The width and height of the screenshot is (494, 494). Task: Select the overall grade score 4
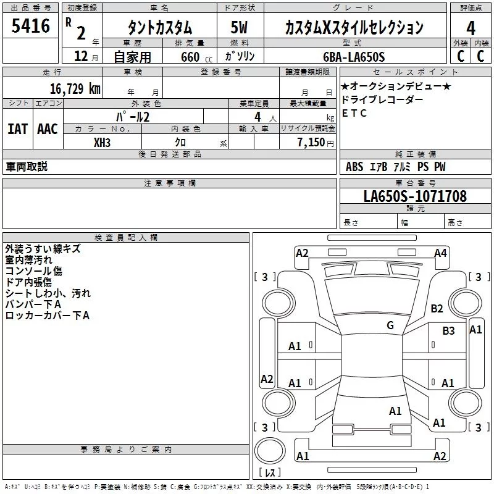click(471, 28)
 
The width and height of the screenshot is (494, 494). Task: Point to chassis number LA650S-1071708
click(415, 197)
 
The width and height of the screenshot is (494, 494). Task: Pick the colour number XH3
click(103, 142)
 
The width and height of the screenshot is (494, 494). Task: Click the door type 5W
click(239, 28)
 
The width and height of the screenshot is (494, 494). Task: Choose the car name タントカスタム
click(160, 28)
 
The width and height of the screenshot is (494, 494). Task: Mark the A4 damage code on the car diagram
click(440, 253)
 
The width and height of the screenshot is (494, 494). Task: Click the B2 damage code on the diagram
click(437, 309)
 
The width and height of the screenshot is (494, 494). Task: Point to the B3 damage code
click(448, 331)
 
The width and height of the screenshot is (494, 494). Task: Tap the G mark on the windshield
click(390, 325)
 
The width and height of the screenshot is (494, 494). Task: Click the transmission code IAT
click(17, 129)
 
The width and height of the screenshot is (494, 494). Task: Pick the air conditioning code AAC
click(47, 129)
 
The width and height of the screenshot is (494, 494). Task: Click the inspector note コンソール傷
click(33, 271)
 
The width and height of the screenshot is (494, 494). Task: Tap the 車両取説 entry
click(27, 167)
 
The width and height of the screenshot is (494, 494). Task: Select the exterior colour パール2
click(133, 116)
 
